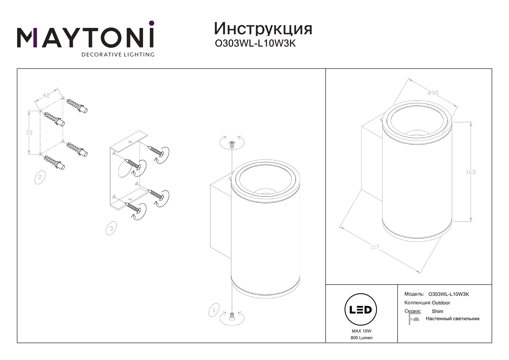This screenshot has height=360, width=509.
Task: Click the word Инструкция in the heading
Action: (x=263, y=29)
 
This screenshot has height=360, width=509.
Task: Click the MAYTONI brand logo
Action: (x=86, y=35)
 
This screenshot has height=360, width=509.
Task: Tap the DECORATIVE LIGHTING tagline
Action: (x=118, y=55)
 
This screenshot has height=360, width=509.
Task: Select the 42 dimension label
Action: (x=46, y=95)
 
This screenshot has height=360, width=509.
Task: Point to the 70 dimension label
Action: (x=29, y=133)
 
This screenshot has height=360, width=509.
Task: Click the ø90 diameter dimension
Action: (x=433, y=93)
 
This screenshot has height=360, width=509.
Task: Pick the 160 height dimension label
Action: (x=471, y=172)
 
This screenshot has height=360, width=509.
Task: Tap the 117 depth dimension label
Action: (x=375, y=247)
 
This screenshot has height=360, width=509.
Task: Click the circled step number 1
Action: (x=214, y=310)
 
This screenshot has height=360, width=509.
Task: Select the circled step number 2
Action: (x=40, y=177)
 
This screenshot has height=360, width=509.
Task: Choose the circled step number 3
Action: (x=111, y=228)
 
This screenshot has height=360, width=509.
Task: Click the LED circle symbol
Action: (x=360, y=310)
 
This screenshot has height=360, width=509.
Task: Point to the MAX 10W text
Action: (x=361, y=331)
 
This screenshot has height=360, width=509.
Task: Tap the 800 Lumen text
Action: (x=361, y=338)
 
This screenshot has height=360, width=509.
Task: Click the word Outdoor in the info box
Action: (x=441, y=303)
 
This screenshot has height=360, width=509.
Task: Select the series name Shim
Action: (x=437, y=311)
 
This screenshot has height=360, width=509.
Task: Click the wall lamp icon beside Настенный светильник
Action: (x=414, y=319)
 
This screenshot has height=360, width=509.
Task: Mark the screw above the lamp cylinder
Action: (x=232, y=144)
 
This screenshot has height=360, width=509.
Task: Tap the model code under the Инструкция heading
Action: (x=255, y=44)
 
